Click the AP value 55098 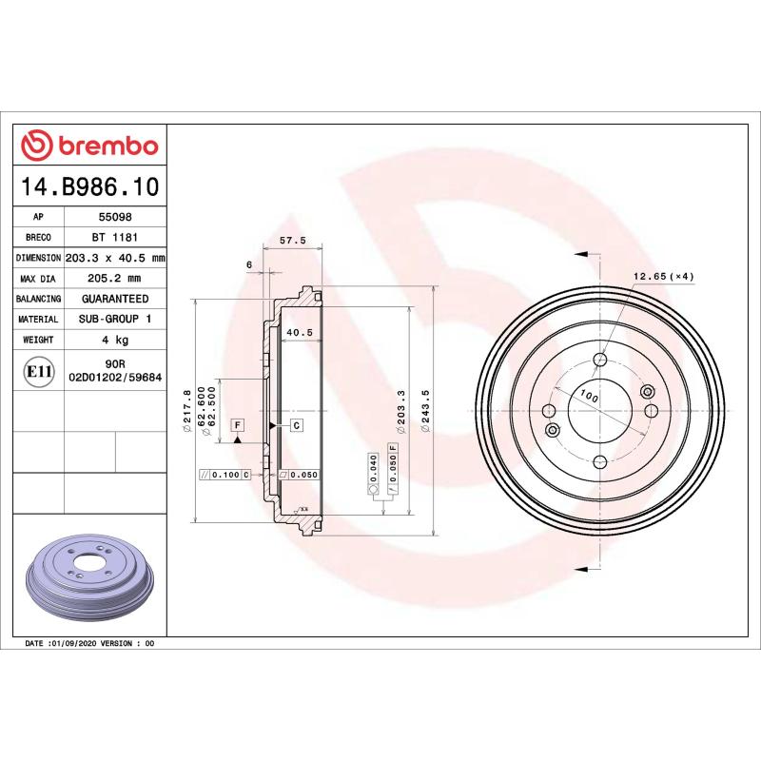point(113,217)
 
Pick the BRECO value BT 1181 point(113,238)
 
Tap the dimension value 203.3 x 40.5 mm point(115,258)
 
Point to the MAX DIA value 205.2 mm point(113,278)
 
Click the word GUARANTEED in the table point(113,299)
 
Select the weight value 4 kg point(113,340)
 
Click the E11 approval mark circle point(38,371)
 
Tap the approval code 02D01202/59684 point(115,378)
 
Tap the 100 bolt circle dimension point(590,398)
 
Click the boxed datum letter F point(236,424)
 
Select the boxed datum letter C point(296,424)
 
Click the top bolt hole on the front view point(599,360)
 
